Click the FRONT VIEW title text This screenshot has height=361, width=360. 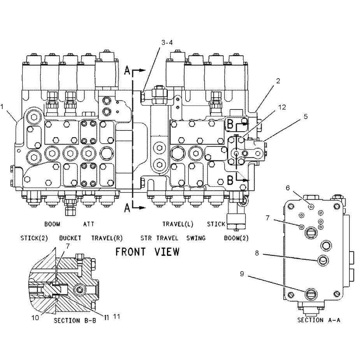pyautogui.click(x=147, y=252)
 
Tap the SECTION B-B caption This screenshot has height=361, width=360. pyautogui.click(x=75, y=320)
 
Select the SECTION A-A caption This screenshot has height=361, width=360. pyautogui.click(x=319, y=320)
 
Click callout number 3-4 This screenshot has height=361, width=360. pyautogui.click(x=167, y=42)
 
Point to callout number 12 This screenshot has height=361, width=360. pyautogui.click(x=282, y=107)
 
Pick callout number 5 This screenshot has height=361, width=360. pyautogui.click(x=306, y=116)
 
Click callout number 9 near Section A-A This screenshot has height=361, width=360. pyautogui.click(x=242, y=274)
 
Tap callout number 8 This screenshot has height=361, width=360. pyautogui.click(x=257, y=253)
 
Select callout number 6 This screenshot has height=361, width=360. pyautogui.click(x=288, y=188)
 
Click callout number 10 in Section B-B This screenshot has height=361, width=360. pyautogui.click(x=35, y=318)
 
